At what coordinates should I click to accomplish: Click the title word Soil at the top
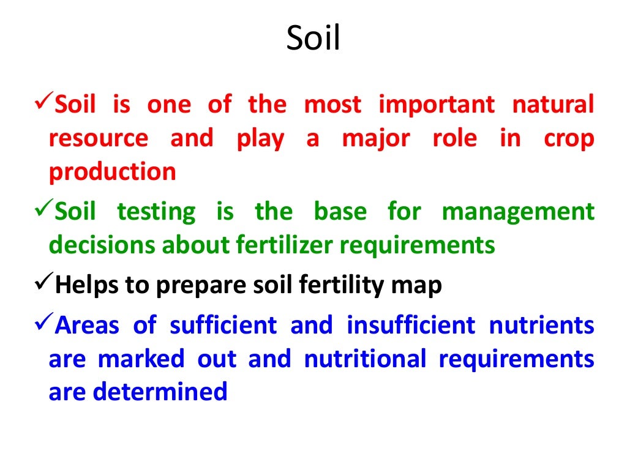click(313, 40)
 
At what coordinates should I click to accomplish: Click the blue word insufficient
click(410, 326)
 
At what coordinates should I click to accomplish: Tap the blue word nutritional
click(364, 359)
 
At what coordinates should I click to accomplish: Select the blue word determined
click(160, 392)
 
